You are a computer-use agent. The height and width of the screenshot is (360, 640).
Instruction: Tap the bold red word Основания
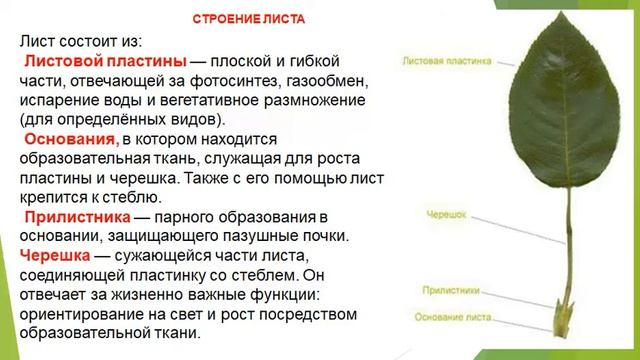click(x=71, y=138)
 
